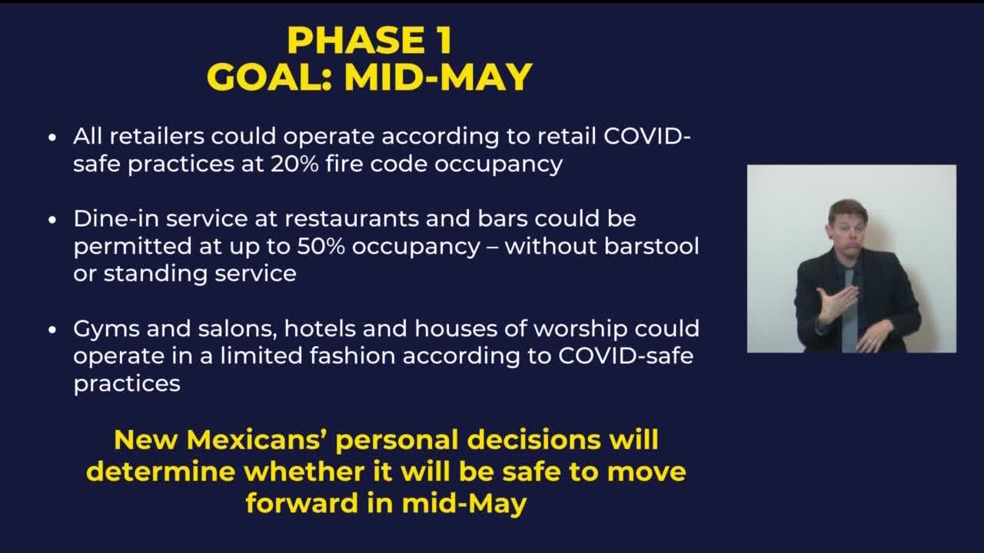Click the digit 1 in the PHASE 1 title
(x=444, y=41)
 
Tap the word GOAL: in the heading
(x=269, y=77)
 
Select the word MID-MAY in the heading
(x=438, y=77)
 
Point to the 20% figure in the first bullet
(x=294, y=164)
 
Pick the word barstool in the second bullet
(x=651, y=246)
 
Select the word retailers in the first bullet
(x=157, y=136)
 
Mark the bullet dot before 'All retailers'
(x=52, y=137)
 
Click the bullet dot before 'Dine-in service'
(x=52, y=220)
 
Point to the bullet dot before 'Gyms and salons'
(x=52, y=329)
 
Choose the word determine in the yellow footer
(x=161, y=472)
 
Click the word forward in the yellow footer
(x=302, y=503)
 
